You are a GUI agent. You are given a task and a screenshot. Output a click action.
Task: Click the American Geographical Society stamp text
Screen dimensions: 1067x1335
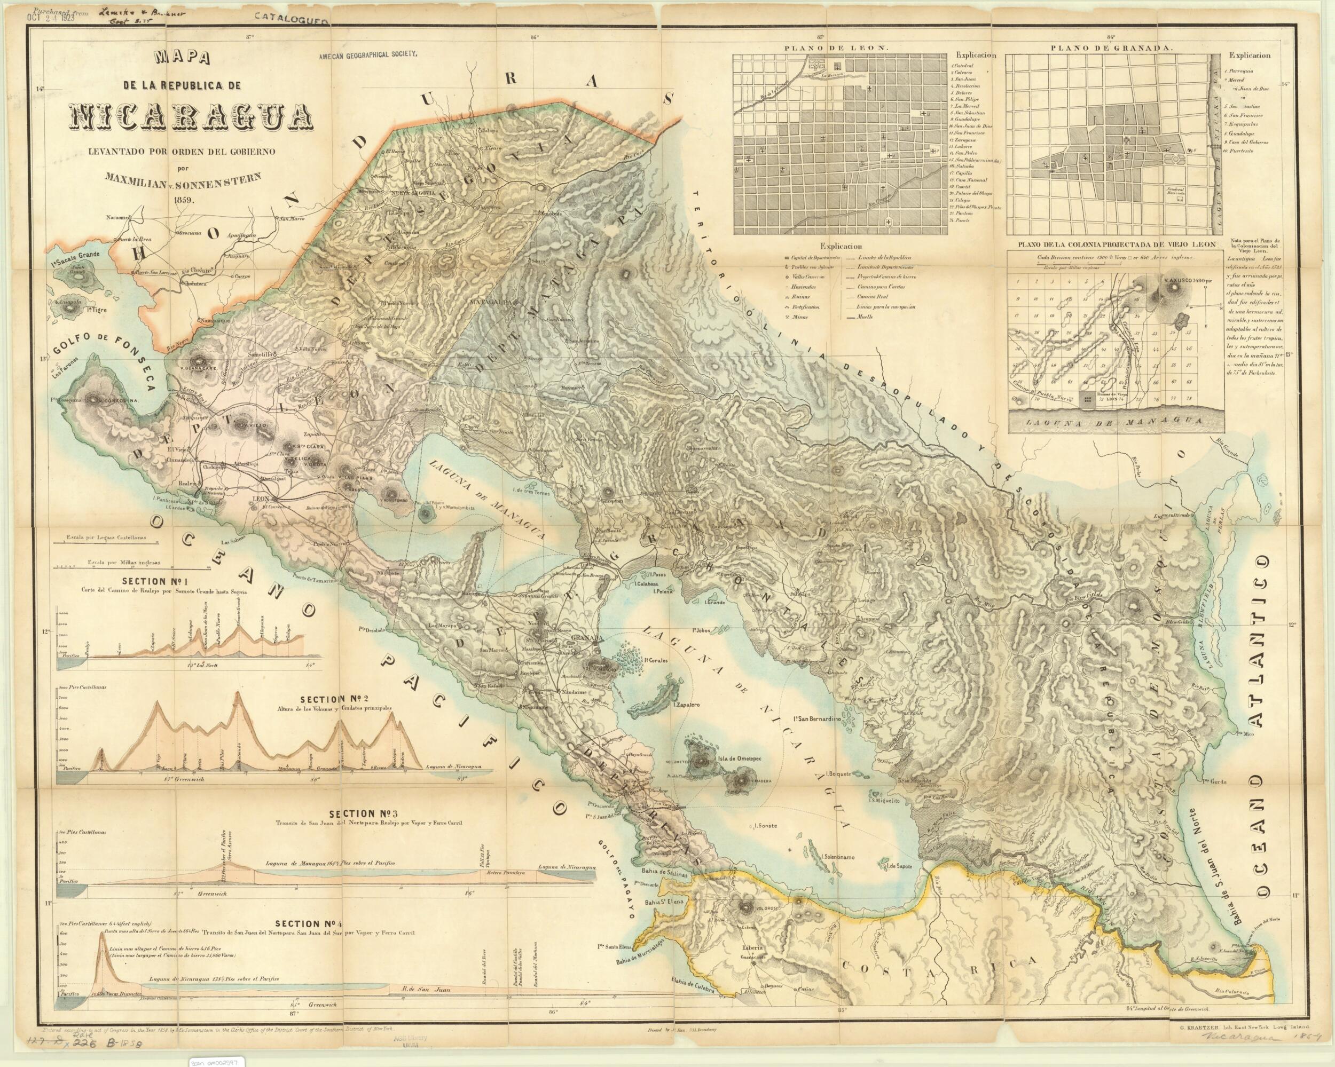pos(369,54)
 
